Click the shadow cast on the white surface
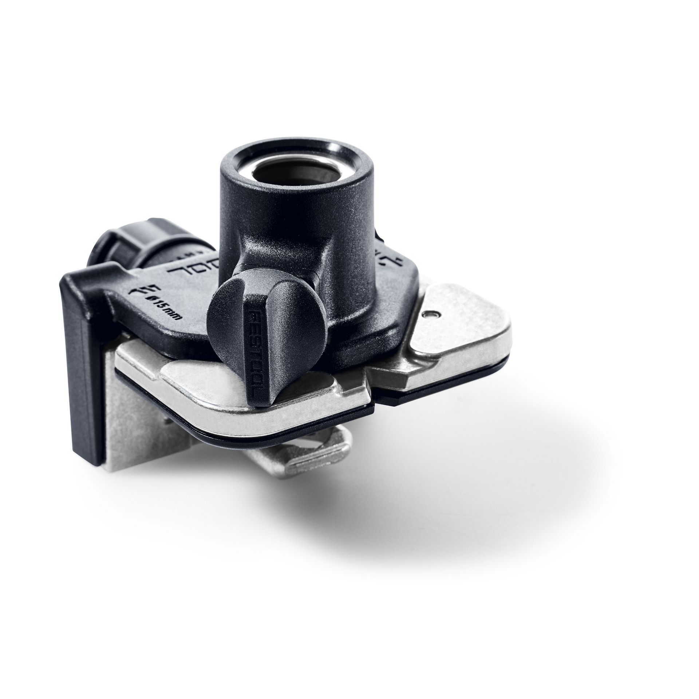(x=437, y=510)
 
